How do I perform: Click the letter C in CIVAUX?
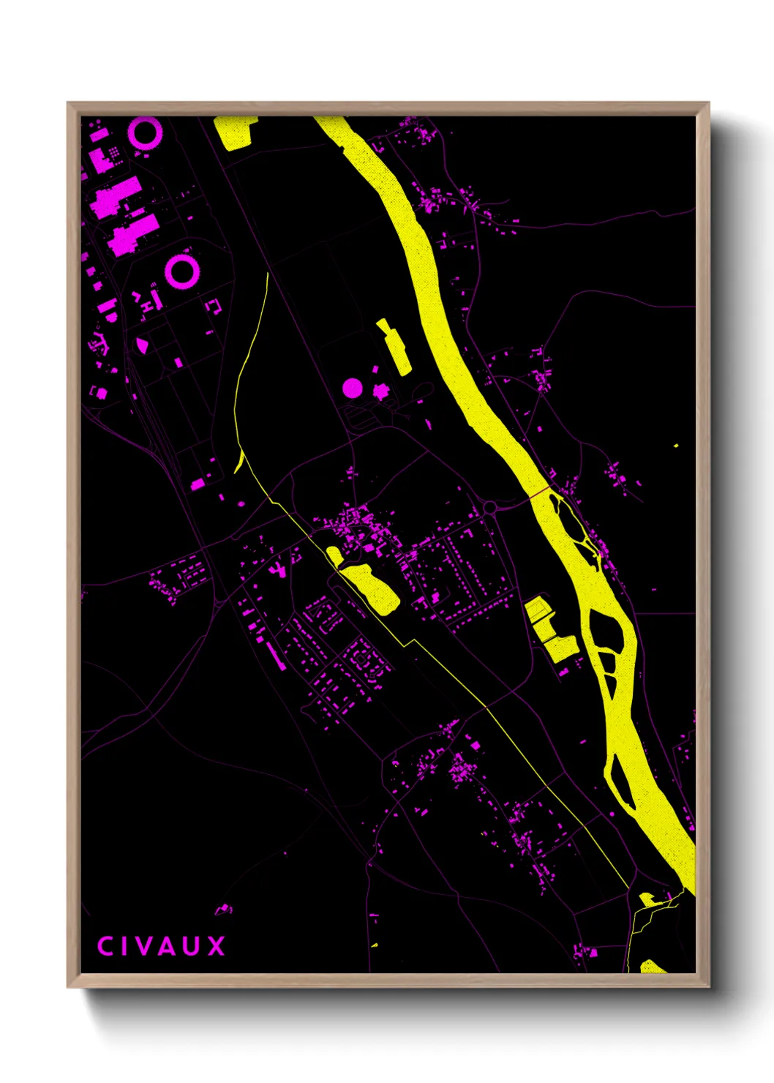tap(104, 946)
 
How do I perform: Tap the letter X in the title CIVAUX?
tap(216, 946)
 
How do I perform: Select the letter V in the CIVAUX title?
tap(146, 946)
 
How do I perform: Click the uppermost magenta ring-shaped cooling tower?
tap(145, 133)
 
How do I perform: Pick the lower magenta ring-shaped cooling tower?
tap(181, 271)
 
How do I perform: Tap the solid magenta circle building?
tap(353, 388)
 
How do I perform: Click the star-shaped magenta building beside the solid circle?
tap(380, 391)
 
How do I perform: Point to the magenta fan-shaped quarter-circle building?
tap(142, 344)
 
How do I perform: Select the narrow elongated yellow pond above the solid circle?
tap(395, 348)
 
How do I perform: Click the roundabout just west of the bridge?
tap(489, 507)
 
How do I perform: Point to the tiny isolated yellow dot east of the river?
tap(675, 445)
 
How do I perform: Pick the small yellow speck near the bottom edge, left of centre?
tap(375, 945)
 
